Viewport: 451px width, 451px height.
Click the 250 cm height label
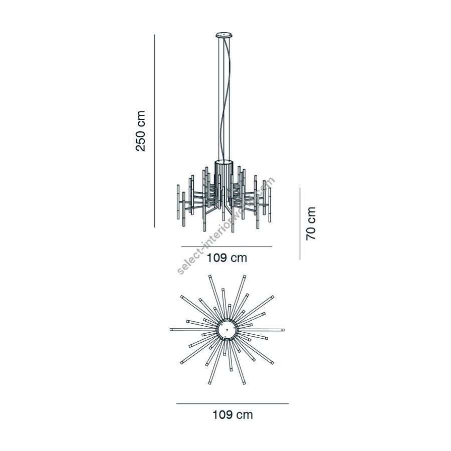[141, 131]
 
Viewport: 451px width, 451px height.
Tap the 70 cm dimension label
[311, 223]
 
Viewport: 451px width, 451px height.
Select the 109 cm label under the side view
[227, 258]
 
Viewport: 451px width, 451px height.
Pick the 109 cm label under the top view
[233, 415]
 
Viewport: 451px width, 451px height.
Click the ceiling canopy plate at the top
[224, 35]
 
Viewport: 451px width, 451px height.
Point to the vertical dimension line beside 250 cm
[154, 131]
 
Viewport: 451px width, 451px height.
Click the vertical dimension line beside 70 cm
[300, 224]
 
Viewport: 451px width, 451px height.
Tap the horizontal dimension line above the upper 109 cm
[227, 247]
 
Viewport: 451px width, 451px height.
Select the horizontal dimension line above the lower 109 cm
[233, 403]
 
